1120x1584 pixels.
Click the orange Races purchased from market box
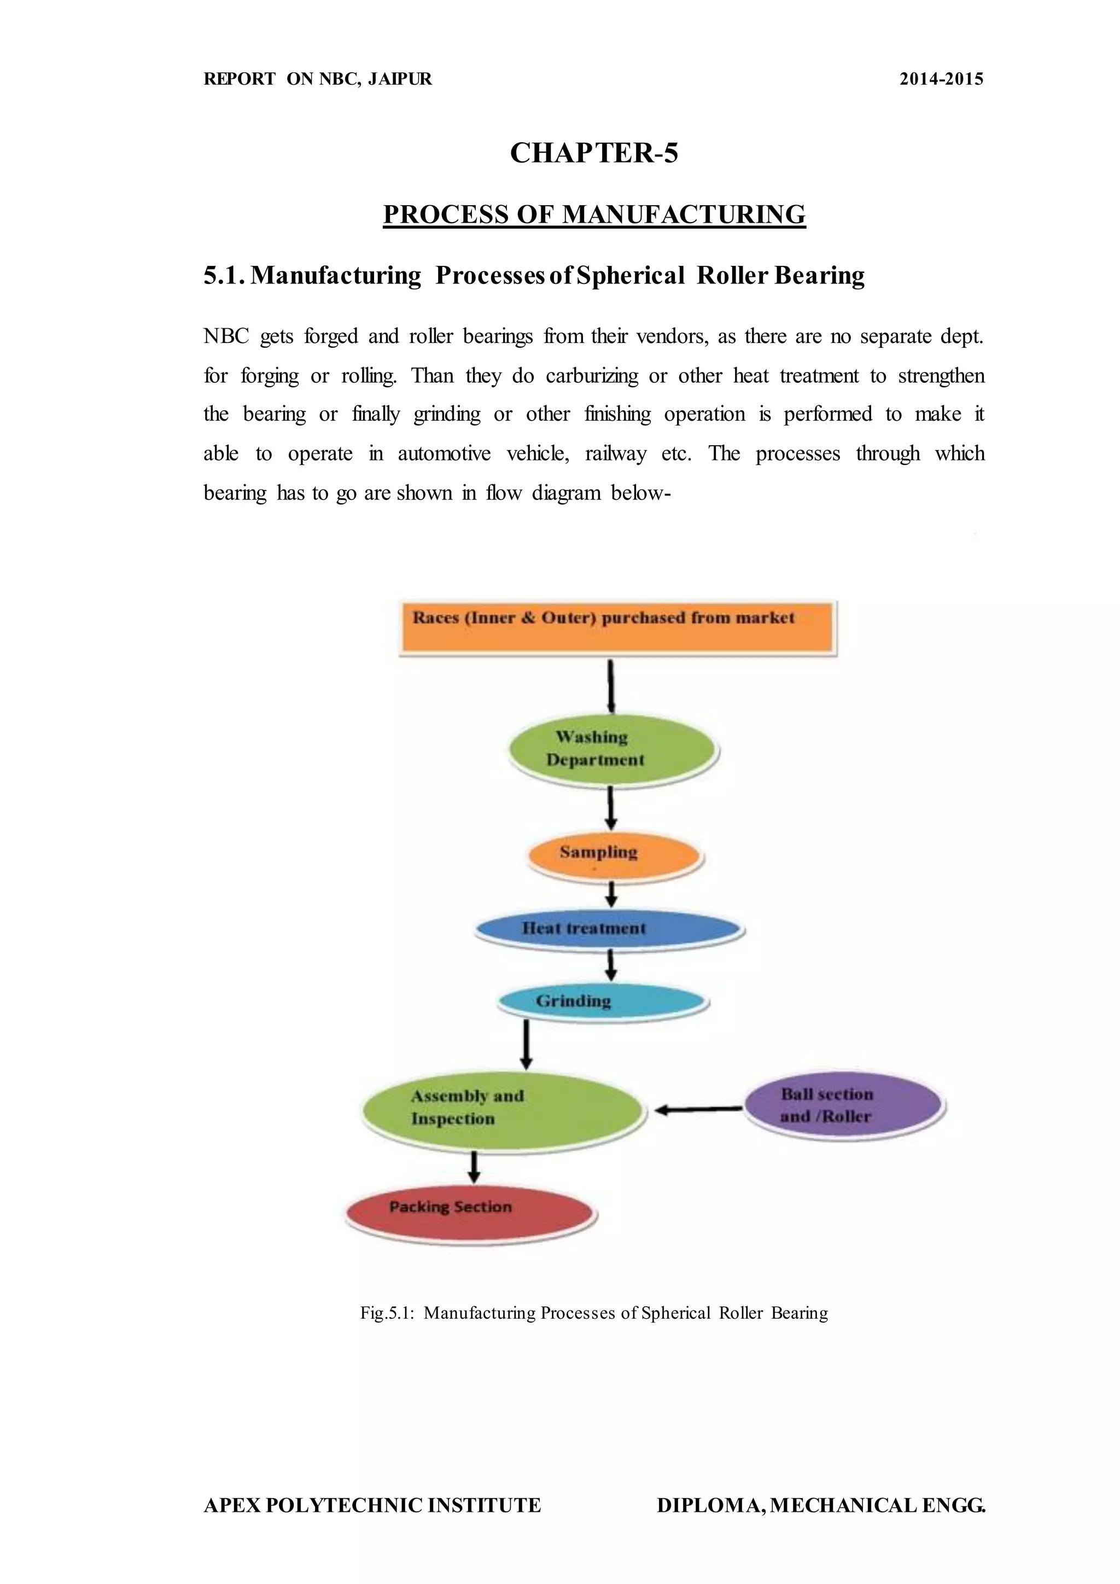pyautogui.click(x=617, y=626)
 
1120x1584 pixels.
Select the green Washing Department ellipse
pyautogui.click(x=612, y=749)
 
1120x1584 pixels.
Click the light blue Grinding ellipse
pyautogui.click(x=602, y=1001)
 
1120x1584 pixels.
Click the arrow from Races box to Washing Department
pyautogui.click(x=611, y=686)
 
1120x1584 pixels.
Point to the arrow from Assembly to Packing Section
pyautogui.click(x=474, y=1166)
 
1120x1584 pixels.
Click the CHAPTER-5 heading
pyautogui.click(x=594, y=153)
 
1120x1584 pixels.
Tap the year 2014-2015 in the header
pyautogui.click(x=941, y=79)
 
